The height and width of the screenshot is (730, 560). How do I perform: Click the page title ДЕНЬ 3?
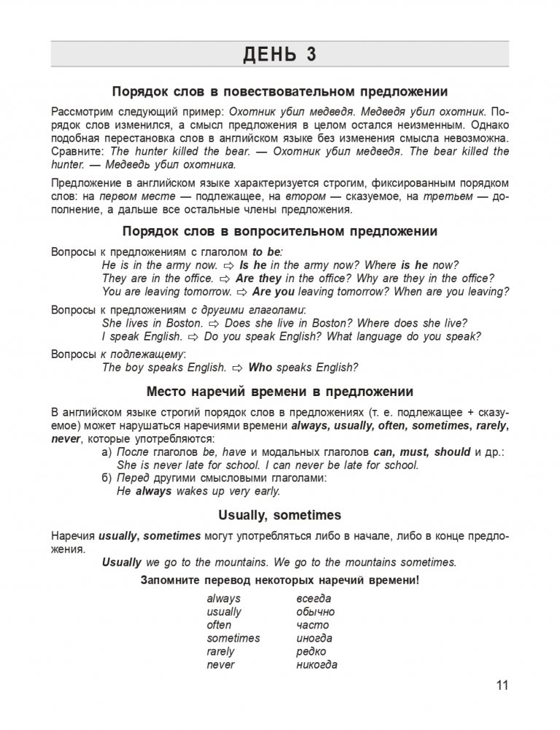pyautogui.click(x=280, y=55)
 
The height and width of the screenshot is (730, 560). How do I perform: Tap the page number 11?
pyautogui.click(x=500, y=685)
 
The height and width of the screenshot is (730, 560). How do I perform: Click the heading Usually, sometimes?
pyautogui.click(x=280, y=516)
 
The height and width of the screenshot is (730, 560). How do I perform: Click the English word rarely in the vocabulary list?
pyautogui.click(x=221, y=651)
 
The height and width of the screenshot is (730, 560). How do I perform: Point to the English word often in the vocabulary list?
pyautogui.click(x=219, y=625)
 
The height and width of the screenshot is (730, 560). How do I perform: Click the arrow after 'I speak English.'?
pyautogui.click(x=193, y=337)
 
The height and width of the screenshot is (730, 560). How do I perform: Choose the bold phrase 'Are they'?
pyautogui.click(x=258, y=279)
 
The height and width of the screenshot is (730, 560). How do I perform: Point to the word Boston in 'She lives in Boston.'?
pyautogui.click(x=185, y=323)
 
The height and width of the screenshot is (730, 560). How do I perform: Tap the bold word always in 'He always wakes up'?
pyautogui.click(x=153, y=492)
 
